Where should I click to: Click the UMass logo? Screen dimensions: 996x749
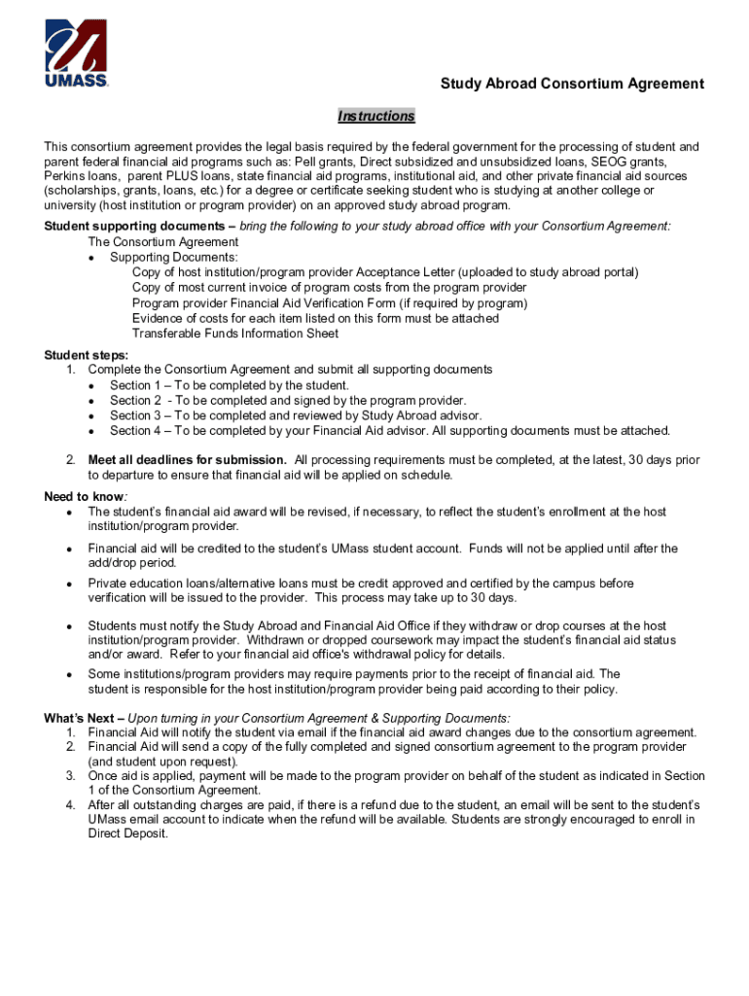[76, 53]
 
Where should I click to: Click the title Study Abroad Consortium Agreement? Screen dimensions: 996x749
[572, 84]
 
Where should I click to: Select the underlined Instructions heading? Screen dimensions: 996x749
[375, 117]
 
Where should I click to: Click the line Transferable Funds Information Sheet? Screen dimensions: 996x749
[235, 334]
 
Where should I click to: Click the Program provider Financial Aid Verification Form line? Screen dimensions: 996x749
[330, 302]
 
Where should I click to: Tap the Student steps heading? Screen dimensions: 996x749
[86, 355]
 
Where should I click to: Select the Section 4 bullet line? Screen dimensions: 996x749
[389, 430]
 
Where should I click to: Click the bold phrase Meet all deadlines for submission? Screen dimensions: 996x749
[187, 459]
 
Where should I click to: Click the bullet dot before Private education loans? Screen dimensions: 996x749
[69, 585]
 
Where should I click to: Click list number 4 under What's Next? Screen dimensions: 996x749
[71, 805]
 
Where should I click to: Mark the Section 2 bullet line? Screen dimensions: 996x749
[288, 400]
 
